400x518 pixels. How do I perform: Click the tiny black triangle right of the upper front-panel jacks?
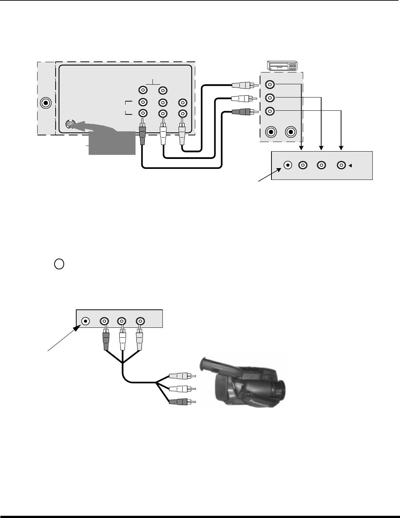[350, 166]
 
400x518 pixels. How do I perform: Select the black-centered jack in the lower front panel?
[85, 321]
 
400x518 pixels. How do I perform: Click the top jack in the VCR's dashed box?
[270, 85]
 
